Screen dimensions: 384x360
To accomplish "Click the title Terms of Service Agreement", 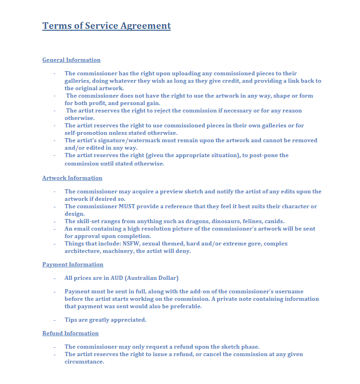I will point(106,26).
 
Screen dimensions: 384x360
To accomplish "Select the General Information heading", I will point(71,60).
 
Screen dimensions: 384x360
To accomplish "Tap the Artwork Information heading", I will point(72,178).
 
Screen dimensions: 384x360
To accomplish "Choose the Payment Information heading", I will point(72,265).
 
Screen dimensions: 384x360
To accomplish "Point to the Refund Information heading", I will point(70,333).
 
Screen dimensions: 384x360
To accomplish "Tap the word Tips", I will point(71,320).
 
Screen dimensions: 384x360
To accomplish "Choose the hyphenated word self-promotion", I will point(88,133).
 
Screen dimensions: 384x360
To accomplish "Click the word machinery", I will point(117,251).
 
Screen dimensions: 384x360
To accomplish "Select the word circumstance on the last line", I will point(84,362).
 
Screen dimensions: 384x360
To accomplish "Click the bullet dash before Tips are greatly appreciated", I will point(54,320).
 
